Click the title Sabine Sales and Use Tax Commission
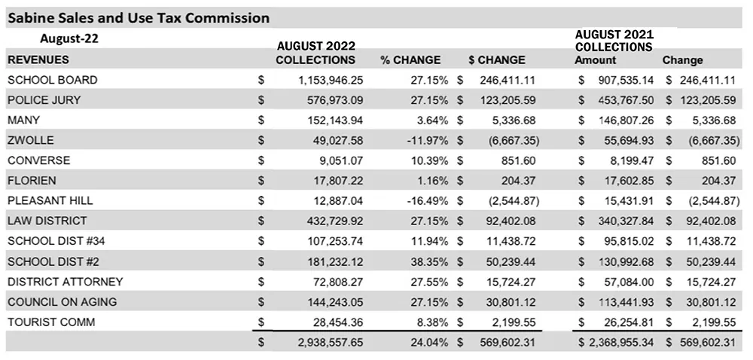coord(139,18)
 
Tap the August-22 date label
coord(69,38)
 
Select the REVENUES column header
coord(38,60)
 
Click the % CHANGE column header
coord(410,60)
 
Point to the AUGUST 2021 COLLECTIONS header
coord(614,41)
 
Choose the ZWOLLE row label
coord(31,140)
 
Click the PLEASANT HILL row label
coord(50,200)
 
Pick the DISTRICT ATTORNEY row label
coord(66,281)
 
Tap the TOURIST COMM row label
coord(51,322)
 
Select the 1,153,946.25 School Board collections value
coord(331,80)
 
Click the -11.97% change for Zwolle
coord(427,141)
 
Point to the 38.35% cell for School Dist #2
coord(429,261)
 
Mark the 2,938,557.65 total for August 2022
coord(331,343)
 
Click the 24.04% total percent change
coord(429,343)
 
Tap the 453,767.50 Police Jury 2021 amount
coord(626,100)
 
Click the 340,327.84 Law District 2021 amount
coord(626,221)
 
